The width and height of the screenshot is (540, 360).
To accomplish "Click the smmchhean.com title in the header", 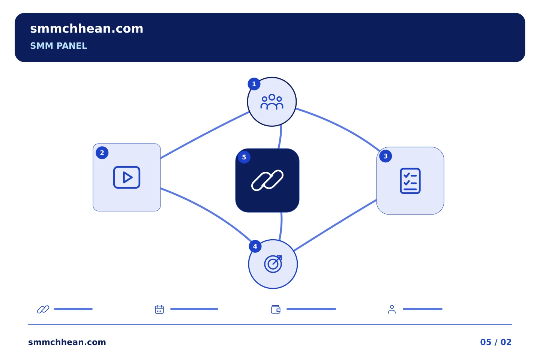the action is coord(87,29).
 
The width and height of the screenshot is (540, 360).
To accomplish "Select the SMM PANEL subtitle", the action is coord(58,46).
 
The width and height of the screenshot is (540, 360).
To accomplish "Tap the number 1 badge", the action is coord(254,84).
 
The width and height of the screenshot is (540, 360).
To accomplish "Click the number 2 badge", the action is coord(102,153).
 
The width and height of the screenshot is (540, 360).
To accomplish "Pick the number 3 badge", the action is coord(385,156).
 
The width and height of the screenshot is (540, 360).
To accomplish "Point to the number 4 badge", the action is coord(255,246).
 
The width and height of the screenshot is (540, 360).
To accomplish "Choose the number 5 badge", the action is coord(244,157).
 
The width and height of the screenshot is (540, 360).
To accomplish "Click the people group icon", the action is coord(271,102).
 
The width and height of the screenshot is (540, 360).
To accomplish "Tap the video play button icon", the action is coord(127,177).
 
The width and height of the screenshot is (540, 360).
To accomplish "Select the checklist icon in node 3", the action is coord(410,181).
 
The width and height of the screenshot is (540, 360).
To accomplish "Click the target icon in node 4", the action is coord(273,264).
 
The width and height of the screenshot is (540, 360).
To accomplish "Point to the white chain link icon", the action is coord(267,180).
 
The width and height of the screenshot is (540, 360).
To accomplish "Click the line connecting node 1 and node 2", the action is coord(205,135).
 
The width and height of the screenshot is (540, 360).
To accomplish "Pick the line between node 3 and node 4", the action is coord(335,225).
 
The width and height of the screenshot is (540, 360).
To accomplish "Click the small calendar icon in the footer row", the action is coord(159,309).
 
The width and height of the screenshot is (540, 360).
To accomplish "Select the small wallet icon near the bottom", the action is coord(276,309).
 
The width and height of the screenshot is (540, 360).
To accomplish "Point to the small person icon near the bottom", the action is coord(392,309).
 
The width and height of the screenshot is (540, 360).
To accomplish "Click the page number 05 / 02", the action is coord(496,342).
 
